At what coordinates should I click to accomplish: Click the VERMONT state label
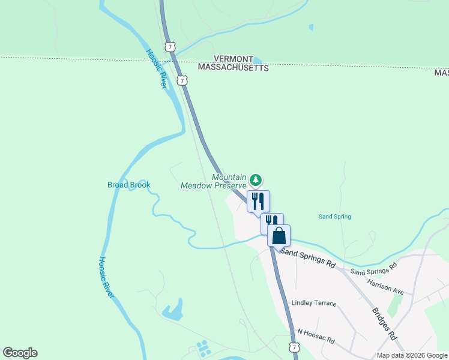click(234, 59)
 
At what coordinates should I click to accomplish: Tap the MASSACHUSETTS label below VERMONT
click(234, 68)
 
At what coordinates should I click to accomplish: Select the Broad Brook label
click(128, 185)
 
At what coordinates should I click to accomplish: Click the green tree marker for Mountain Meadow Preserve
click(256, 179)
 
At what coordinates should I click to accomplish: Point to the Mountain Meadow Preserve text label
click(214, 181)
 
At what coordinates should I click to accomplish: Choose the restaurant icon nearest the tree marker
click(258, 201)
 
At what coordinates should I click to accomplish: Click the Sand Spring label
click(334, 217)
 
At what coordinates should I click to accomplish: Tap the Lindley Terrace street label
click(313, 303)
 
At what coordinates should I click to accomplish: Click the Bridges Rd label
click(385, 325)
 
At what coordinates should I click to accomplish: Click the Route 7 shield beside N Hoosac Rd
click(294, 347)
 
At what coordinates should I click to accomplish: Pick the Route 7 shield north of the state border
click(171, 46)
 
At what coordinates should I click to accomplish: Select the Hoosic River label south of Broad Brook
click(106, 277)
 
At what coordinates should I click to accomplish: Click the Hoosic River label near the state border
click(155, 68)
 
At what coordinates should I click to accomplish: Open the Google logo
click(20, 353)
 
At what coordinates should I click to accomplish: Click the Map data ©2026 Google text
click(412, 355)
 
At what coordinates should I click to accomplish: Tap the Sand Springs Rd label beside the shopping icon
click(309, 257)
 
